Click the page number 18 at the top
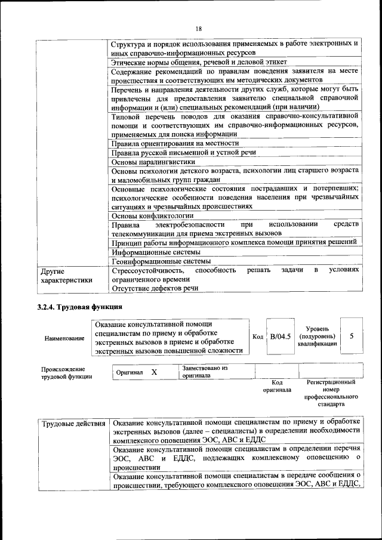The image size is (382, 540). pos(199,29)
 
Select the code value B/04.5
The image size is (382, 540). pos(280,337)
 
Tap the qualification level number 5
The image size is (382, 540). pos(352,336)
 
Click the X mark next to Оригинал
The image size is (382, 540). pos(153,372)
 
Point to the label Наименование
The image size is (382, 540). pos(64,338)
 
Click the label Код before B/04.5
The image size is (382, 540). pos(258,337)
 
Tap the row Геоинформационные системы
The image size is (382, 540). pos(161,261)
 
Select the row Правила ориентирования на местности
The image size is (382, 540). pos(175,143)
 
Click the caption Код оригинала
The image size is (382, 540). pos(277,386)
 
